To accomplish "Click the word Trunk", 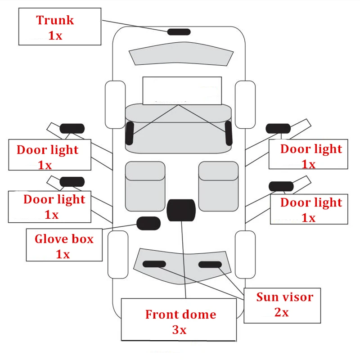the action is click(55, 20).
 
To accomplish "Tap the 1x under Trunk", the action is click(55, 36).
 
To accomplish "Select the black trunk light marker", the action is click(179, 31).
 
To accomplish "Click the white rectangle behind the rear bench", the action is click(182, 90).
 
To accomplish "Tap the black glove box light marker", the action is click(148, 223).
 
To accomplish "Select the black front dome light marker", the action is click(181, 210).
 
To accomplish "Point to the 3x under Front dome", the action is click(179, 330).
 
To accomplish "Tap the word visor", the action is click(297, 297).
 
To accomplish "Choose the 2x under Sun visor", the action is click(281, 312).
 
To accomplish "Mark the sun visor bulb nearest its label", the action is click(210, 264).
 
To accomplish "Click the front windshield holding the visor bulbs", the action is click(182, 274).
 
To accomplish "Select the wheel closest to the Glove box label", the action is click(118, 254).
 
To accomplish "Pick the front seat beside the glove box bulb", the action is click(145, 186).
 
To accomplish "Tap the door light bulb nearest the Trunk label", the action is click(72, 128).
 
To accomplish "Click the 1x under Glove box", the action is click(63, 254).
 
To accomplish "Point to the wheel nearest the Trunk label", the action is click(115, 104).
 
